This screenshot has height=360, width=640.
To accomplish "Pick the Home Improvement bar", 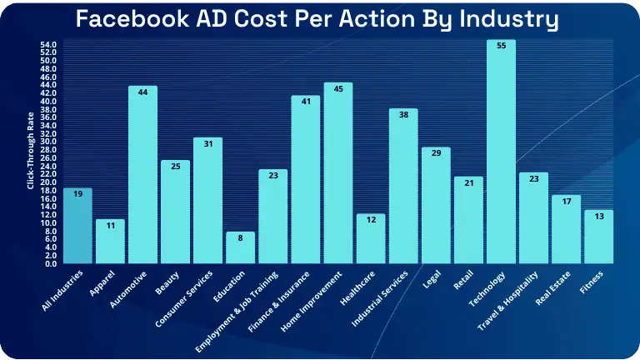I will point(338,175).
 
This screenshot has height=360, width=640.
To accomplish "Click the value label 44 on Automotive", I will point(142,92).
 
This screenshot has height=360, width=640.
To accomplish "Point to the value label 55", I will point(501,46).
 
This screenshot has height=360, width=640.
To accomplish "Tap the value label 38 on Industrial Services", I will point(403,115).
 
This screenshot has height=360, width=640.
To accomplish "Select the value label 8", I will point(240,237).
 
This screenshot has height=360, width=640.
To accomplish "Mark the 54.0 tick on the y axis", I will point(48,44).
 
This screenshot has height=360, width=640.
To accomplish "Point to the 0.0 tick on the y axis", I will point(50,263).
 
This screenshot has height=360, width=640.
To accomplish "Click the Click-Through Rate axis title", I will point(30,153).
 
